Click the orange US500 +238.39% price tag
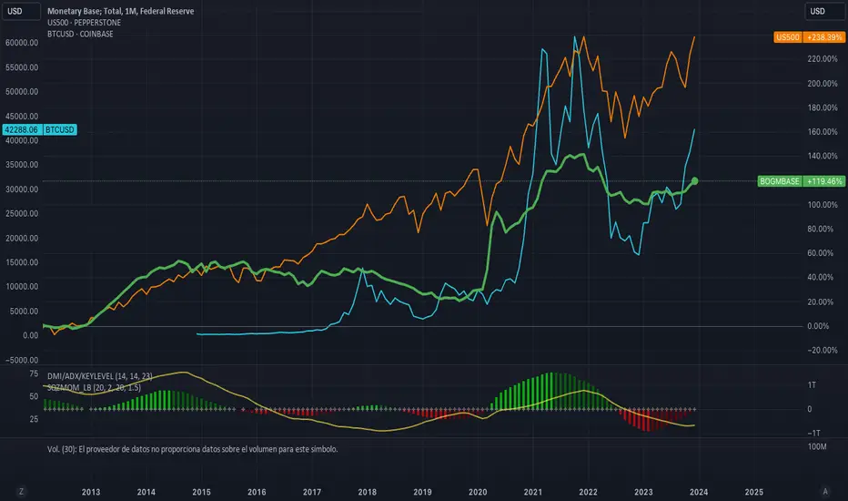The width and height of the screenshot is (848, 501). tap(808, 37)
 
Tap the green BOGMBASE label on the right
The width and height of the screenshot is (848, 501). tap(779, 181)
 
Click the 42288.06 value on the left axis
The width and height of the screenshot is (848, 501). tap(22, 130)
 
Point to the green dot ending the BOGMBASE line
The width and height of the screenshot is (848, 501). tap(695, 181)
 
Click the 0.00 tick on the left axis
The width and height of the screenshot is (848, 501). tap(30, 335)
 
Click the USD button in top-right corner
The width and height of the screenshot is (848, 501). tap(818, 11)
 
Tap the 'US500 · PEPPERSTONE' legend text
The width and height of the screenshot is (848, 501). tap(86, 23)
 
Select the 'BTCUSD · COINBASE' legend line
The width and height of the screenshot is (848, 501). tap(81, 34)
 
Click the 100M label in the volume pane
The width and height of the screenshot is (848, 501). tap(817, 448)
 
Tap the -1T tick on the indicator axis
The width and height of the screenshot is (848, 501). tap(817, 433)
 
